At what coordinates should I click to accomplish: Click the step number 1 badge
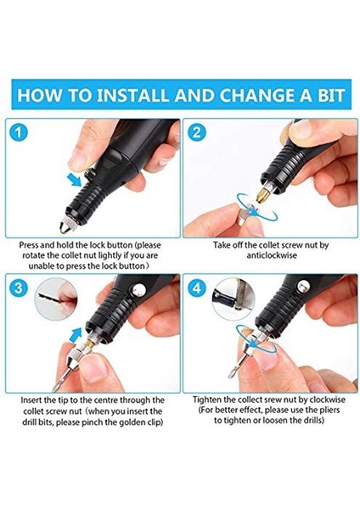tap(19, 133)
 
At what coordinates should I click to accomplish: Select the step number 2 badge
tap(197, 133)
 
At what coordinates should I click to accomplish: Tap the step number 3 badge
tap(19, 288)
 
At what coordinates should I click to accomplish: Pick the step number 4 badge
tap(197, 288)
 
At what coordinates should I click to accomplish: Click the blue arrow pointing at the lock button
tap(74, 180)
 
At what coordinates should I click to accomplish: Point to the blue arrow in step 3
tap(76, 334)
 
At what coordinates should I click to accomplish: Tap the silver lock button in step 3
tap(138, 289)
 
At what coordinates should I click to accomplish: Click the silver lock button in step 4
tap(304, 286)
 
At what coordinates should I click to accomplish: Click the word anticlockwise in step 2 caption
tap(272, 255)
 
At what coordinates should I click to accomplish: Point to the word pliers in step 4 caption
tap(329, 410)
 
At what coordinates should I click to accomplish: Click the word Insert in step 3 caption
tap(31, 400)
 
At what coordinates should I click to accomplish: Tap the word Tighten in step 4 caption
tap(207, 400)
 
